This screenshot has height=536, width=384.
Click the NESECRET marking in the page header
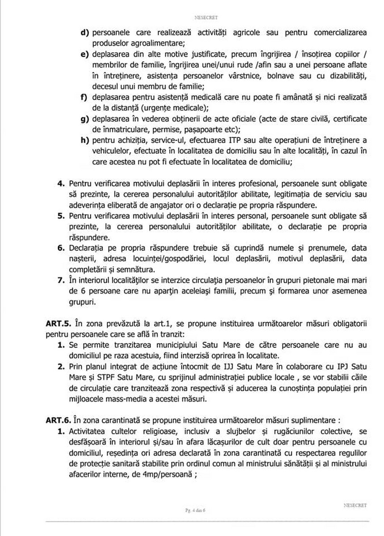(x=206, y=17)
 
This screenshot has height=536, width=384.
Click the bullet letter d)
(x=85, y=33)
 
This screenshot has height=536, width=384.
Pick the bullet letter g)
(x=85, y=119)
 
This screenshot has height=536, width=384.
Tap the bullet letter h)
(x=85, y=140)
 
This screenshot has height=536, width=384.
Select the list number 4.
(x=61, y=184)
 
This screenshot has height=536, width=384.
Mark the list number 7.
(x=61, y=280)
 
